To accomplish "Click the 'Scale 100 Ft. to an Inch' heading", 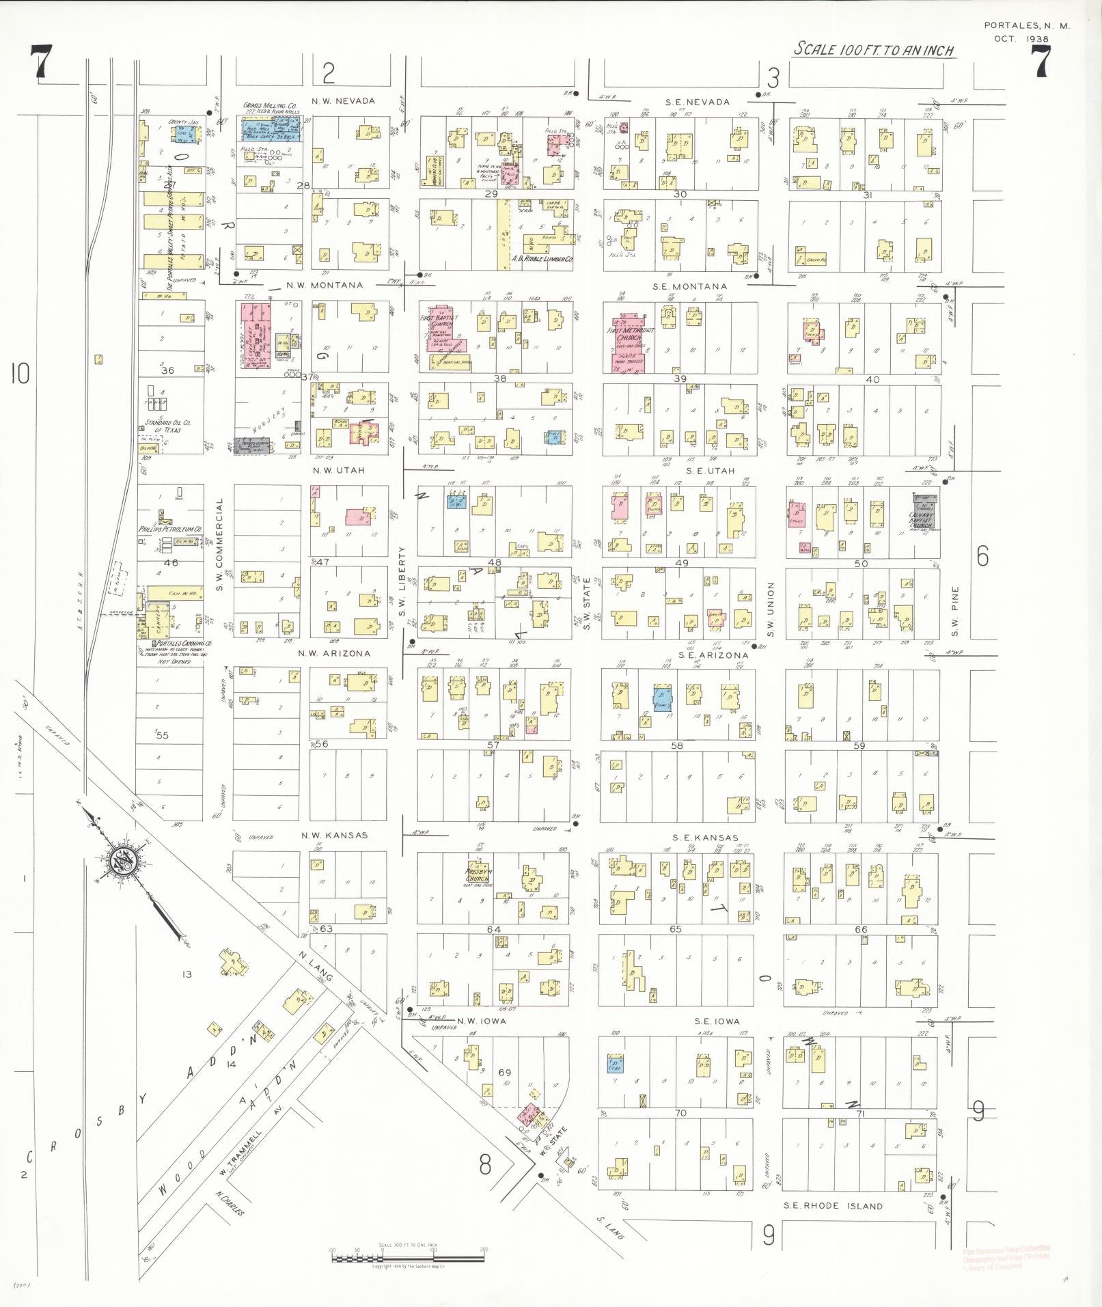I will [873, 50].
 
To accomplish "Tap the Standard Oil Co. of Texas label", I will [167, 426].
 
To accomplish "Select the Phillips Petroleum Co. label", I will [171, 529].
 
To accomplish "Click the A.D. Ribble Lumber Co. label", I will [542, 260].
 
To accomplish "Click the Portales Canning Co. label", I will [182, 644].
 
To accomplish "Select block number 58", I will [676, 745].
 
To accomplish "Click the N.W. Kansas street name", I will [334, 835].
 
